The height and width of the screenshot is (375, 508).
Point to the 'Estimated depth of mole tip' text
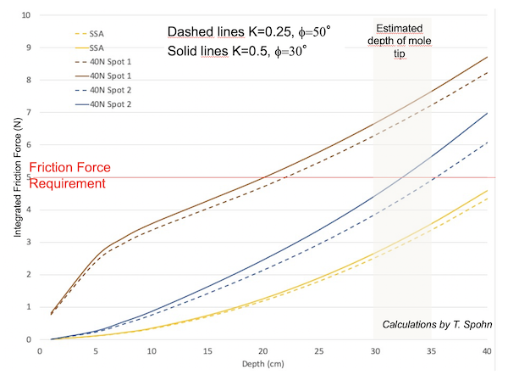coord(403,40)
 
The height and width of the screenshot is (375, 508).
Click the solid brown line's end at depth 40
coord(487,57)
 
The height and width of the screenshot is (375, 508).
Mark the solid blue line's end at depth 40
coord(487,113)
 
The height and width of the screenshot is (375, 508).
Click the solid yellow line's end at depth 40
coord(487,190)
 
